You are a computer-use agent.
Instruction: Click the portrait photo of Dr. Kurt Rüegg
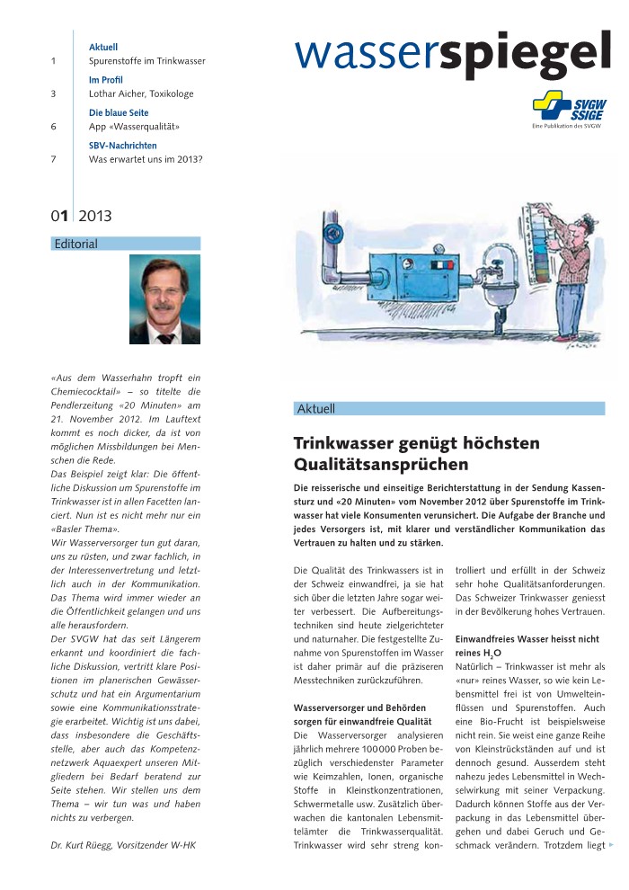[164, 299]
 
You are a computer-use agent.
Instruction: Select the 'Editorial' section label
[76, 244]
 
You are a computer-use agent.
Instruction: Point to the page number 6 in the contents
[54, 127]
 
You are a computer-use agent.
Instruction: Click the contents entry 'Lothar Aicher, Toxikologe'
[141, 93]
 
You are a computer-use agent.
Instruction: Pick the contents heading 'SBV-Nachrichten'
[123, 146]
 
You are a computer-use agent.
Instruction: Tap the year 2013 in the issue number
[95, 216]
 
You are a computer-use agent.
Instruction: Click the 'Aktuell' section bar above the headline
[449, 409]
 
